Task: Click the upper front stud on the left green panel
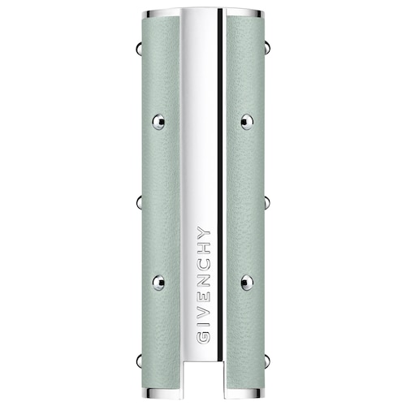pos(158,122)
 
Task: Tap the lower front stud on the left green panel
pos(158,283)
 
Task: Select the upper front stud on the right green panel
pos(247,122)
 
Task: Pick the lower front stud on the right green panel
pos(247,283)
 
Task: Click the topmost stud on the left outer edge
pos(139,49)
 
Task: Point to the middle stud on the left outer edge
pos(139,202)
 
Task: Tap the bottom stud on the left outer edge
pos(139,361)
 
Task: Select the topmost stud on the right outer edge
pos(267,48)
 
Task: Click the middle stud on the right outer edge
pos(267,202)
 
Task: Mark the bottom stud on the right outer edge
pos(267,361)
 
